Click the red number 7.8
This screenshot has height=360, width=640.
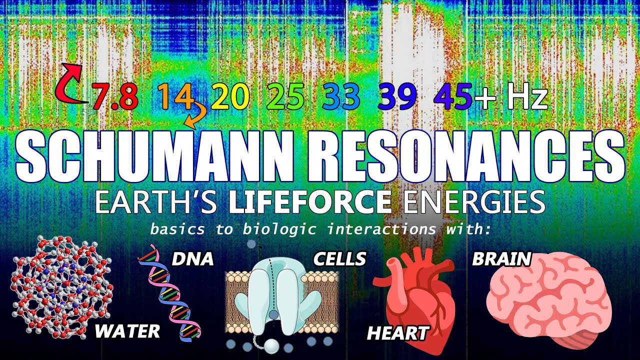[x=114, y=97]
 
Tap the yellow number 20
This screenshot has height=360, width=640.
[x=230, y=97]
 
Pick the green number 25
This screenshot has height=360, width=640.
[x=285, y=97]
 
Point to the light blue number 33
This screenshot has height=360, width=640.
[x=341, y=97]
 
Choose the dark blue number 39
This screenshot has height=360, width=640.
[x=397, y=97]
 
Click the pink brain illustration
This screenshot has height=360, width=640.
[x=548, y=300]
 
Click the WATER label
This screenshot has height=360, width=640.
[x=127, y=331]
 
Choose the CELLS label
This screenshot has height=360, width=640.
[x=339, y=259]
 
